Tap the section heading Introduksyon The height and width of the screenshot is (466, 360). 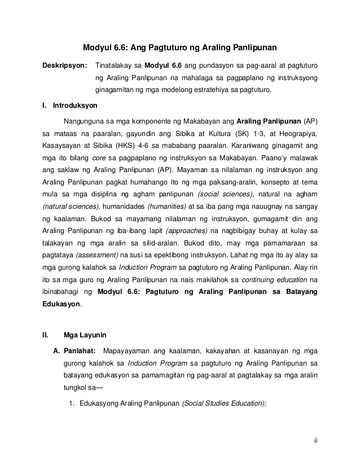(x=74, y=105)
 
